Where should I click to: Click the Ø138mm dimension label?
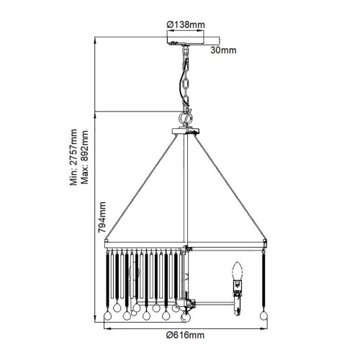tap(186, 24)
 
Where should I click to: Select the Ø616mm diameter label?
tap(185, 336)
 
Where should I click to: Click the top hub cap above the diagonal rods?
tap(186, 131)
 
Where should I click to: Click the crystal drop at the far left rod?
tap(107, 314)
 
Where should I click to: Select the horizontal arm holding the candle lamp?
tap(212, 304)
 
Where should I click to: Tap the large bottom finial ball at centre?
tap(186, 315)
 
